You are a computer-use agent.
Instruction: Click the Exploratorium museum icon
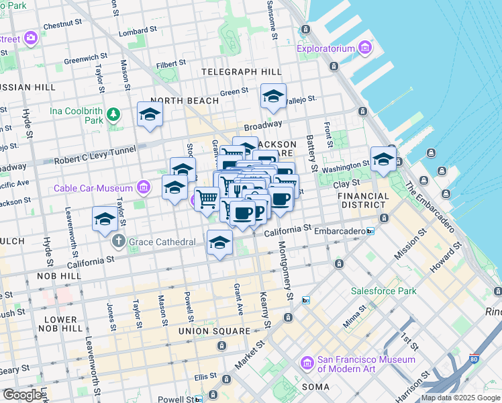[364, 48]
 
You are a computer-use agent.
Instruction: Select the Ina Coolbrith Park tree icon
[113, 114]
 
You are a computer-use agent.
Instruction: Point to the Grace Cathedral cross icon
[119, 240]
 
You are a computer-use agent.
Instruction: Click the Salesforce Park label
[383, 291]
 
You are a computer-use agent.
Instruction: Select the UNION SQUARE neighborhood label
[215, 332]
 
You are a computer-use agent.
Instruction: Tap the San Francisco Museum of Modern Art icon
[307, 363]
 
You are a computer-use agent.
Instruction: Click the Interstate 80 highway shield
[474, 360]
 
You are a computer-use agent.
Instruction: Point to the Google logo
[22, 395]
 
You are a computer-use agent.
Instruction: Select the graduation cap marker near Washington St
[383, 159]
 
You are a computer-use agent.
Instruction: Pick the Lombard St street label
[132, 32]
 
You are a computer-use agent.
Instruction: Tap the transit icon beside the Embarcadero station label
[370, 231]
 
